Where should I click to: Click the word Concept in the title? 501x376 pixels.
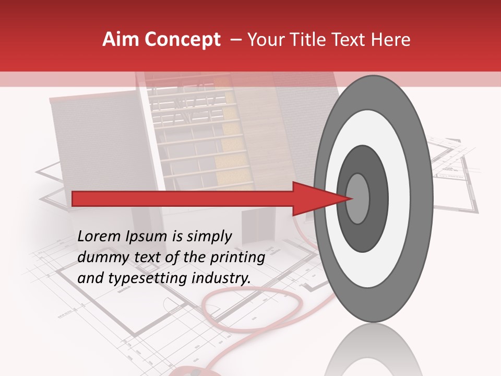182,40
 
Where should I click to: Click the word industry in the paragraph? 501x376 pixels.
219,278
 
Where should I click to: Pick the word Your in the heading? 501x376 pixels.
264,40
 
